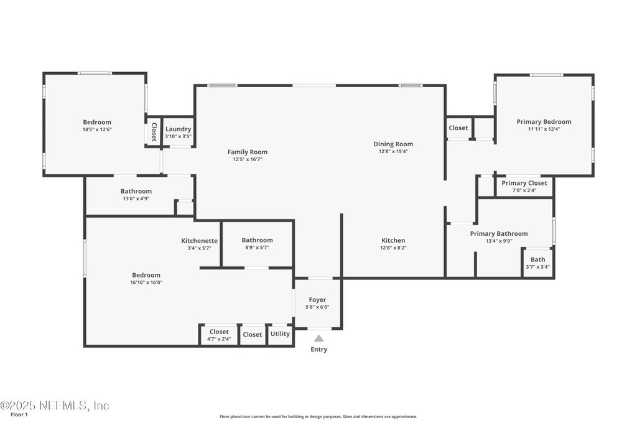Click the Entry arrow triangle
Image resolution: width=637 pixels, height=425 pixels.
point(318,339)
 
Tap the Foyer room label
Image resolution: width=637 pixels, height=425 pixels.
point(317,300)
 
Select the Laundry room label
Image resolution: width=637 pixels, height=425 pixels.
point(178,129)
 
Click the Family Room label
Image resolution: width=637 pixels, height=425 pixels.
point(247,152)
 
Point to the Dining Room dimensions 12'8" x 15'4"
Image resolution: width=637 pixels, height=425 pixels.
point(393,151)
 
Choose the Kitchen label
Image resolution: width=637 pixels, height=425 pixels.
point(393,240)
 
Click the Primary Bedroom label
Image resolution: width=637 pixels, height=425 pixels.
point(544,122)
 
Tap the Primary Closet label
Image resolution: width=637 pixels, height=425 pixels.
point(524,183)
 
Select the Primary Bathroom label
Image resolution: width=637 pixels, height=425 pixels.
point(498,233)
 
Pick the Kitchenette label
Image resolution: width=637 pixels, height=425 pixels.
point(199,240)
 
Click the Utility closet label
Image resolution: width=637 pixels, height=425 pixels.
point(280,334)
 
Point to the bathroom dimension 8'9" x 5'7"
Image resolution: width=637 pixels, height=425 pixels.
point(257,248)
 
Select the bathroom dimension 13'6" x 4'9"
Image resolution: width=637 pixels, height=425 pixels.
point(136,198)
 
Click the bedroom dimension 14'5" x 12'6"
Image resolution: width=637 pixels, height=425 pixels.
point(97,129)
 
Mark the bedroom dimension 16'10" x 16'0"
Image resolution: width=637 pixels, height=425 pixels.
point(146,283)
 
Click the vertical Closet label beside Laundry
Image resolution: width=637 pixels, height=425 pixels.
point(154,132)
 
